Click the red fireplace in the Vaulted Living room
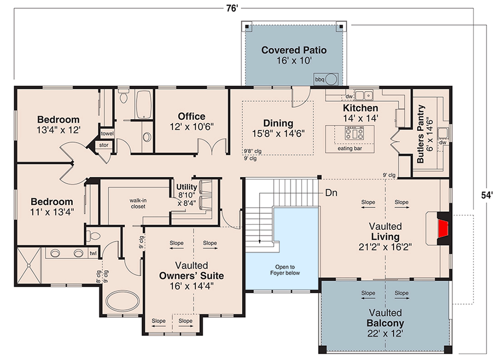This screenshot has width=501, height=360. click(x=443, y=228)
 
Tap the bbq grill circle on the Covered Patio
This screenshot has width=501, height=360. click(x=331, y=79)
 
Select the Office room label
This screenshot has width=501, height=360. click(x=192, y=116)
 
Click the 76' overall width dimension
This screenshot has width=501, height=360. click(x=233, y=8)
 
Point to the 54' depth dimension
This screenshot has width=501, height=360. click(x=487, y=195)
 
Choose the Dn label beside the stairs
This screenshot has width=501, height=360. click(x=331, y=193)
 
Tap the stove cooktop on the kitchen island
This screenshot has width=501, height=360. click(x=354, y=133)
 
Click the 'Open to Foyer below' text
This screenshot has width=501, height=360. click(x=285, y=270)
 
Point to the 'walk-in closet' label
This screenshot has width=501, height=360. click(x=138, y=204)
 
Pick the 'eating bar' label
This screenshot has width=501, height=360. click(x=349, y=148)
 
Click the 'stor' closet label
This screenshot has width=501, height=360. click(x=103, y=145)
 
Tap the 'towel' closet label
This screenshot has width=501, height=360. click(x=107, y=134)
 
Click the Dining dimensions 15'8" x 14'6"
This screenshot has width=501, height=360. click(x=278, y=133)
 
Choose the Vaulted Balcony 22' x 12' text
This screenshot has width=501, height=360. click(x=385, y=323)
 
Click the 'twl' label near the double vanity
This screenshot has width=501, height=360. click(x=93, y=253)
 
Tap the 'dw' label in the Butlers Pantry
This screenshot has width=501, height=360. click(x=443, y=143)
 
